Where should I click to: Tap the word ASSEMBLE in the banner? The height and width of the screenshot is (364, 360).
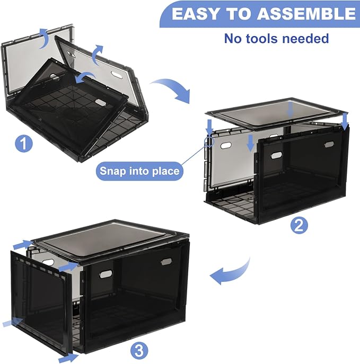[306, 14]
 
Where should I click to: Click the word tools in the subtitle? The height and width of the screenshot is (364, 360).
[262, 38]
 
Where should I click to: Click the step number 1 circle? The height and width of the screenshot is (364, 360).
[24, 144]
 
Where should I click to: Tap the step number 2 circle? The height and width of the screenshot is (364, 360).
[299, 225]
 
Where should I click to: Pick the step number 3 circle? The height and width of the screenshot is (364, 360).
[139, 351]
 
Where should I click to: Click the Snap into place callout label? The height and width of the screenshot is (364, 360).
[139, 171]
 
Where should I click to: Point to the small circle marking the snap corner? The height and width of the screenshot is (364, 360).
[209, 141]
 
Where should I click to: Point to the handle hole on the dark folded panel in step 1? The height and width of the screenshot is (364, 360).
[100, 102]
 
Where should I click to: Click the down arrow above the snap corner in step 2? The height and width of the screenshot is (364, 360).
[210, 127]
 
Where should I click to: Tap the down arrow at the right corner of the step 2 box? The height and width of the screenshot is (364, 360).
[345, 120]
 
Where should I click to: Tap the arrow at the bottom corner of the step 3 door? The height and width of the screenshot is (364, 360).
[68, 358]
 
